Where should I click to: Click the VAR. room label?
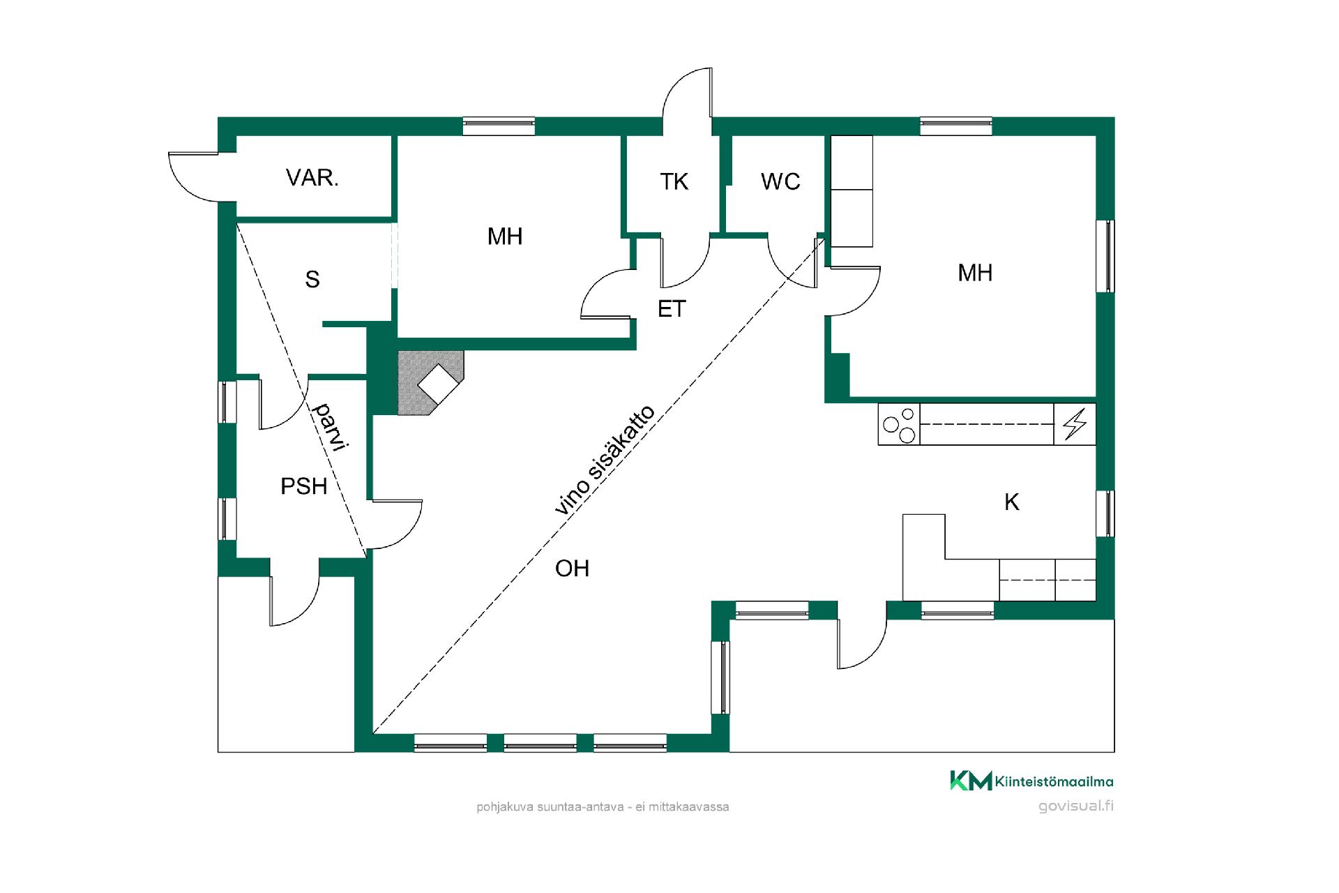tap(312, 178)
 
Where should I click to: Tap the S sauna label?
tap(312, 279)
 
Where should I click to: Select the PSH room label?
tap(304, 486)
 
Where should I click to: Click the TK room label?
tap(674, 182)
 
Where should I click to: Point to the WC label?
tap(780, 182)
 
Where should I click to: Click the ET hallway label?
tap(672, 309)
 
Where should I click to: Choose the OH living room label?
tap(573, 569)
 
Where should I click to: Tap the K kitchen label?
tap(1012, 502)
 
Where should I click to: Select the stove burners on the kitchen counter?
tap(899, 424)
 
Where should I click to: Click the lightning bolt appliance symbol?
tap(1075, 424)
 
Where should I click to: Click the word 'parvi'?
tap(330, 426)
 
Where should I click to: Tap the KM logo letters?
tap(971, 781)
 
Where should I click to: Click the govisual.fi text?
tap(1076, 806)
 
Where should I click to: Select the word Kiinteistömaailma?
tap(1054, 781)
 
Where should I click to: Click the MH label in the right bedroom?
tap(975, 273)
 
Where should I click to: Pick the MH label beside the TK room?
tap(505, 237)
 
